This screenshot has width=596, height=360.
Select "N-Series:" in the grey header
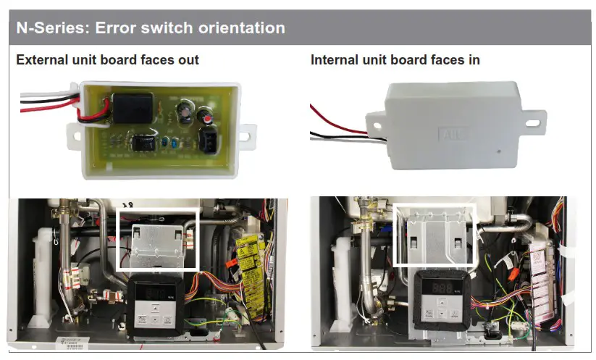(49, 28)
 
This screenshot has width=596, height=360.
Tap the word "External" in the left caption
(42, 59)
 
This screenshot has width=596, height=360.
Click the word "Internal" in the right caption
(337, 59)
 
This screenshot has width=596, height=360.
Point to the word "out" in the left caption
(188, 59)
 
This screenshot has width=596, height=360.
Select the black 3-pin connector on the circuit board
(207, 140)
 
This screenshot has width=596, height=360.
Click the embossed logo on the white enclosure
(449, 135)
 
